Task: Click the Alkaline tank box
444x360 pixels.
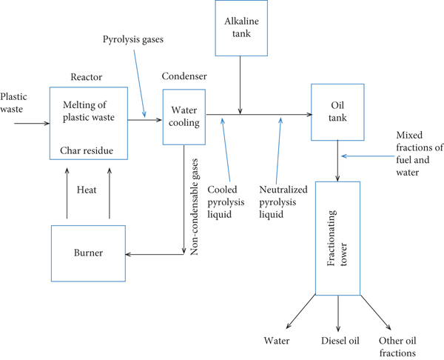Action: (x=239, y=28)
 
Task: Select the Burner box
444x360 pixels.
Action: (x=88, y=253)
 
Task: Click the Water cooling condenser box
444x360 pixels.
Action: (x=184, y=117)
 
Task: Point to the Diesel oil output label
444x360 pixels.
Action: (x=340, y=341)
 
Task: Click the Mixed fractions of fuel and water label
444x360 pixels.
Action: (x=419, y=153)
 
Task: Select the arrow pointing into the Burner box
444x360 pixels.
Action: (x=155, y=254)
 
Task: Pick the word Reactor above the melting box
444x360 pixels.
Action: (x=86, y=76)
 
